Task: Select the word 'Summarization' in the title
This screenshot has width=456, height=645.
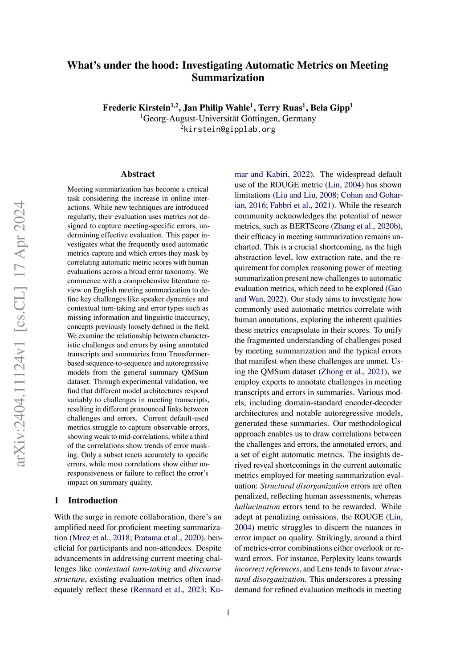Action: point(228,78)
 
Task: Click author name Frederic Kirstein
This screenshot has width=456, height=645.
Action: point(137,108)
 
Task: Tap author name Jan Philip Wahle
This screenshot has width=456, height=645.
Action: point(216,108)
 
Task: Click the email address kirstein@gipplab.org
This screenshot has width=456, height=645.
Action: point(229,130)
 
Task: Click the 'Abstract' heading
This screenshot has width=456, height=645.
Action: point(138,174)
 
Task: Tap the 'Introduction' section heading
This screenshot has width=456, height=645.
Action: point(93,501)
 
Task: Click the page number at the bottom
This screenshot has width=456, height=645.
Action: point(228,613)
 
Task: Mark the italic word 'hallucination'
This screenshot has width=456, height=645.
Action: point(257,507)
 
